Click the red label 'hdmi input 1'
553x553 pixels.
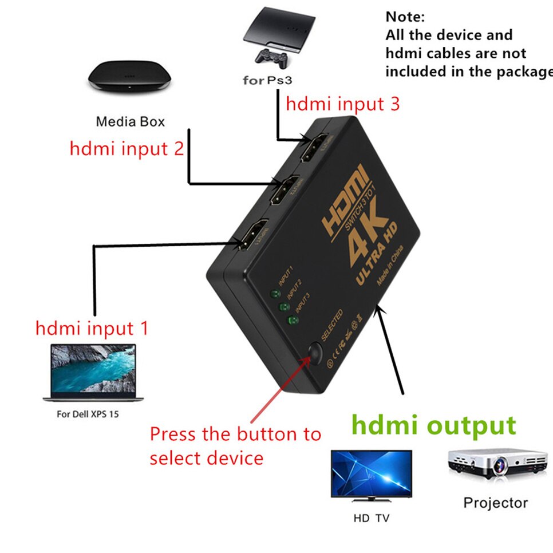tap(92, 329)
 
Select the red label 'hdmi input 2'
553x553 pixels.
tap(127, 148)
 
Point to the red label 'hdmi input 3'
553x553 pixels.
tap(342, 104)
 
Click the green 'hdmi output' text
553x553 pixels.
tap(433, 426)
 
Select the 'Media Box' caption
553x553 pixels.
tap(130, 121)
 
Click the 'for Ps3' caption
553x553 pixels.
tap(271, 80)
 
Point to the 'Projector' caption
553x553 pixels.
tap(495, 503)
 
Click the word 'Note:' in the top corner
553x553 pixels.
tap(405, 17)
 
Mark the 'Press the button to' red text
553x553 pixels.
tap(235, 434)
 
